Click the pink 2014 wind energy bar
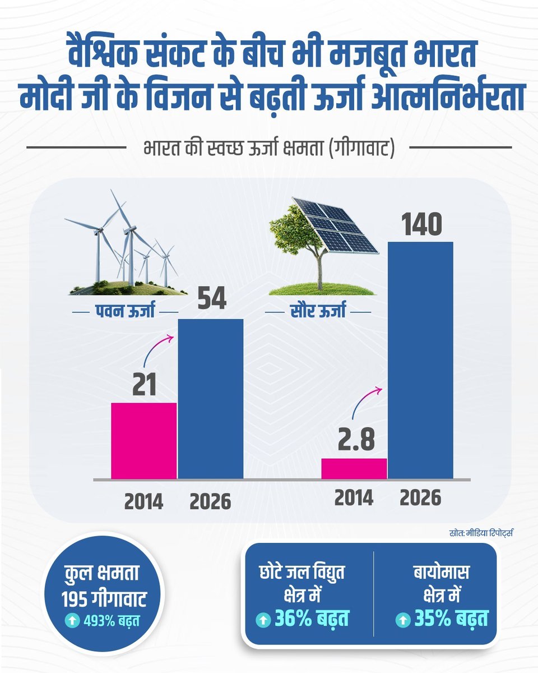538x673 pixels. click(144, 441)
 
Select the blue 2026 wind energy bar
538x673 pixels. click(211, 399)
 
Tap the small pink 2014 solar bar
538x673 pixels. click(354, 469)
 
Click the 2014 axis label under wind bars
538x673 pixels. click(143, 501)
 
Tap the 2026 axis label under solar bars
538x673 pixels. click(420, 497)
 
